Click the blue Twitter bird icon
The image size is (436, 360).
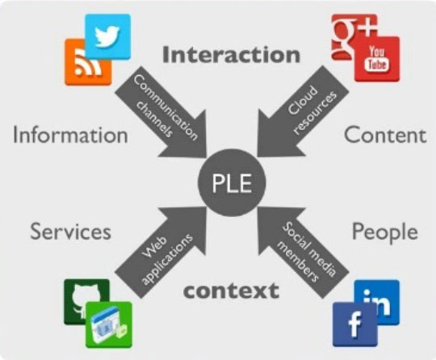point(108,36)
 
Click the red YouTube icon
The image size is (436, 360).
point(377,60)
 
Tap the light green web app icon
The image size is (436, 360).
point(109,324)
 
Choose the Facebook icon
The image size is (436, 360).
point(355,324)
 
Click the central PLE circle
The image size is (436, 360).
point(232,182)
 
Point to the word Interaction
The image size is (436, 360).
point(232,55)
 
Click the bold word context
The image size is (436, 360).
point(232,291)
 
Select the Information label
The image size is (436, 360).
point(70,135)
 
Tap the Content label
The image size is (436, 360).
point(385,135)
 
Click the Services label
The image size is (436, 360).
point(70,232)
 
